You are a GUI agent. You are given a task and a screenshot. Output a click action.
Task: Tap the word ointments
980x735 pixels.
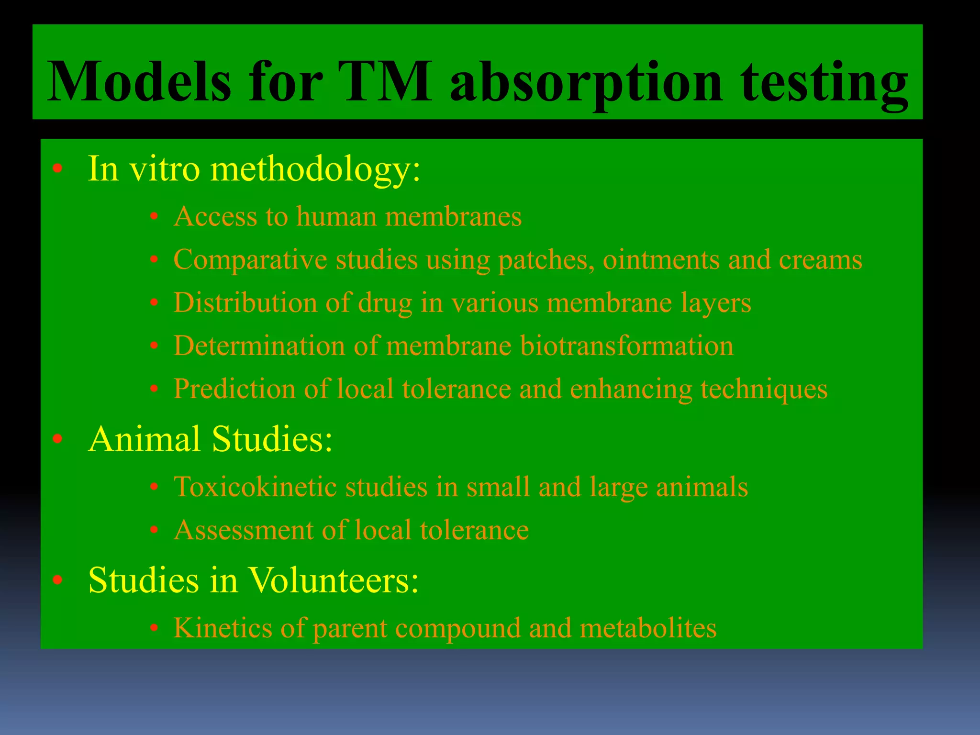tap(661, 260)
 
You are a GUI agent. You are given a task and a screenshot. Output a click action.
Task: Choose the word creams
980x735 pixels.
tap(820, 260)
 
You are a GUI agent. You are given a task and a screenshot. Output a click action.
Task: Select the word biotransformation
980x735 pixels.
tap(626, 345)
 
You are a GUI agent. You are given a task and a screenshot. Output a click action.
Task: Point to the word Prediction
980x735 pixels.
tap(234, 389)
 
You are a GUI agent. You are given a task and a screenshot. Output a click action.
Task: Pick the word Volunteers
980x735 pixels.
tap(333, 580)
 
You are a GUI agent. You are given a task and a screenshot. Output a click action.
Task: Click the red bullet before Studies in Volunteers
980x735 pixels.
tap(58, 580)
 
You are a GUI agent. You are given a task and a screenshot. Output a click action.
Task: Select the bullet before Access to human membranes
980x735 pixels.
tap(154, 217)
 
